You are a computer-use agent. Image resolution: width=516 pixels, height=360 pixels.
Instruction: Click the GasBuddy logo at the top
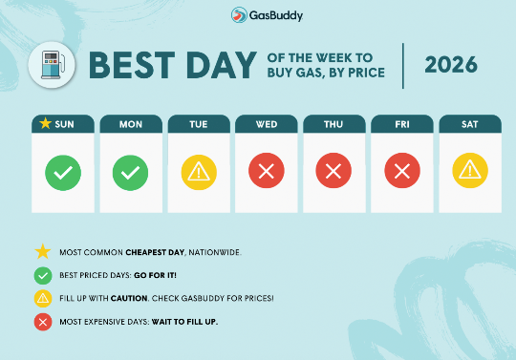(258, 15)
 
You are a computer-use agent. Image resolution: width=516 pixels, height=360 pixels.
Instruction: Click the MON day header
(131, 123)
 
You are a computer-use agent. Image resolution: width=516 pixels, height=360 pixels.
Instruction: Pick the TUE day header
(199, 123)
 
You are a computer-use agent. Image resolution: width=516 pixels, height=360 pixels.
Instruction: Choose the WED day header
(267, 123)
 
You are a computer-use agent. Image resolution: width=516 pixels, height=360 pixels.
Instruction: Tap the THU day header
(334, 123)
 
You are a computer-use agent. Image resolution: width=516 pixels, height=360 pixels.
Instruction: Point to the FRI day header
(402, 123)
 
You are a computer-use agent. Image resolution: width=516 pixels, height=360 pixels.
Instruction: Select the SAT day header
(470, 123)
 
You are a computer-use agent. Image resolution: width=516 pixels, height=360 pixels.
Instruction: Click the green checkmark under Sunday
(63, 173)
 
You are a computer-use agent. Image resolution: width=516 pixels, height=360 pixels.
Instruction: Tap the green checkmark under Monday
(131, 173)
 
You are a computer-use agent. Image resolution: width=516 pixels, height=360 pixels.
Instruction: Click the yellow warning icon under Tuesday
(199, 173)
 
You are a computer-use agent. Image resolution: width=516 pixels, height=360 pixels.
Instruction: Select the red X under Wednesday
(267, 173)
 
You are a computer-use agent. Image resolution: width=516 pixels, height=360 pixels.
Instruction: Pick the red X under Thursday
(334, 173)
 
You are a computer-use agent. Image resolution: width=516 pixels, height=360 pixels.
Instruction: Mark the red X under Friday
(402, 173)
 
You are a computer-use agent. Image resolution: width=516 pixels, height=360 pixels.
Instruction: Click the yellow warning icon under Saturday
(470, 173)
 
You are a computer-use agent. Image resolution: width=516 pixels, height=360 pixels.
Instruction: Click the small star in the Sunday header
(44, 123)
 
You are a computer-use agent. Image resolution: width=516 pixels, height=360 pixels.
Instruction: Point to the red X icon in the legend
(42, 321)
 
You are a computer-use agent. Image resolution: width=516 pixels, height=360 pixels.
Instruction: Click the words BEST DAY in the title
(173, 65)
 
